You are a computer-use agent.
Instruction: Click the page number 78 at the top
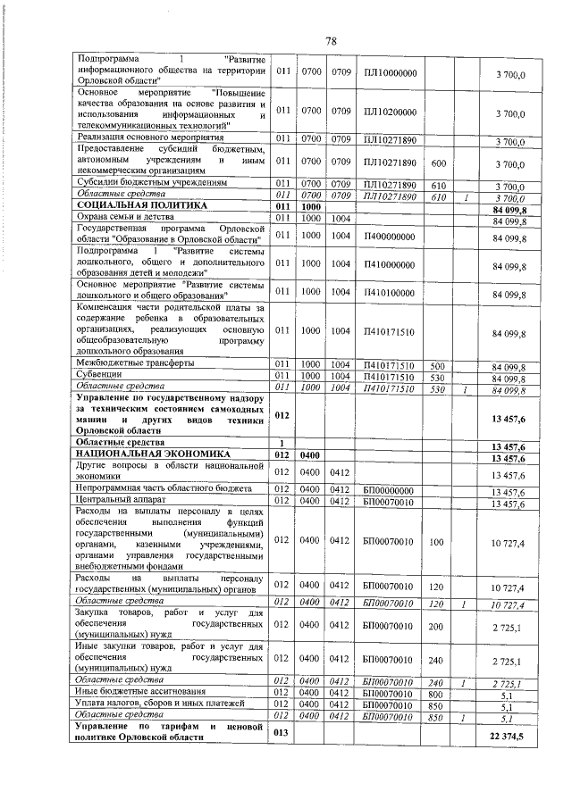click(x=330, y=41)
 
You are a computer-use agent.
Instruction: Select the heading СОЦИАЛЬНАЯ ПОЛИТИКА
click(x=142, y=205)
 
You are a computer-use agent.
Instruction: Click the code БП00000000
click(x=391, y=488)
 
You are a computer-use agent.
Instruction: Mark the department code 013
click(x=282, y=732)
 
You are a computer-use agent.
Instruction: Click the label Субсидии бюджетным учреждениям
click(x=153, y=183)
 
